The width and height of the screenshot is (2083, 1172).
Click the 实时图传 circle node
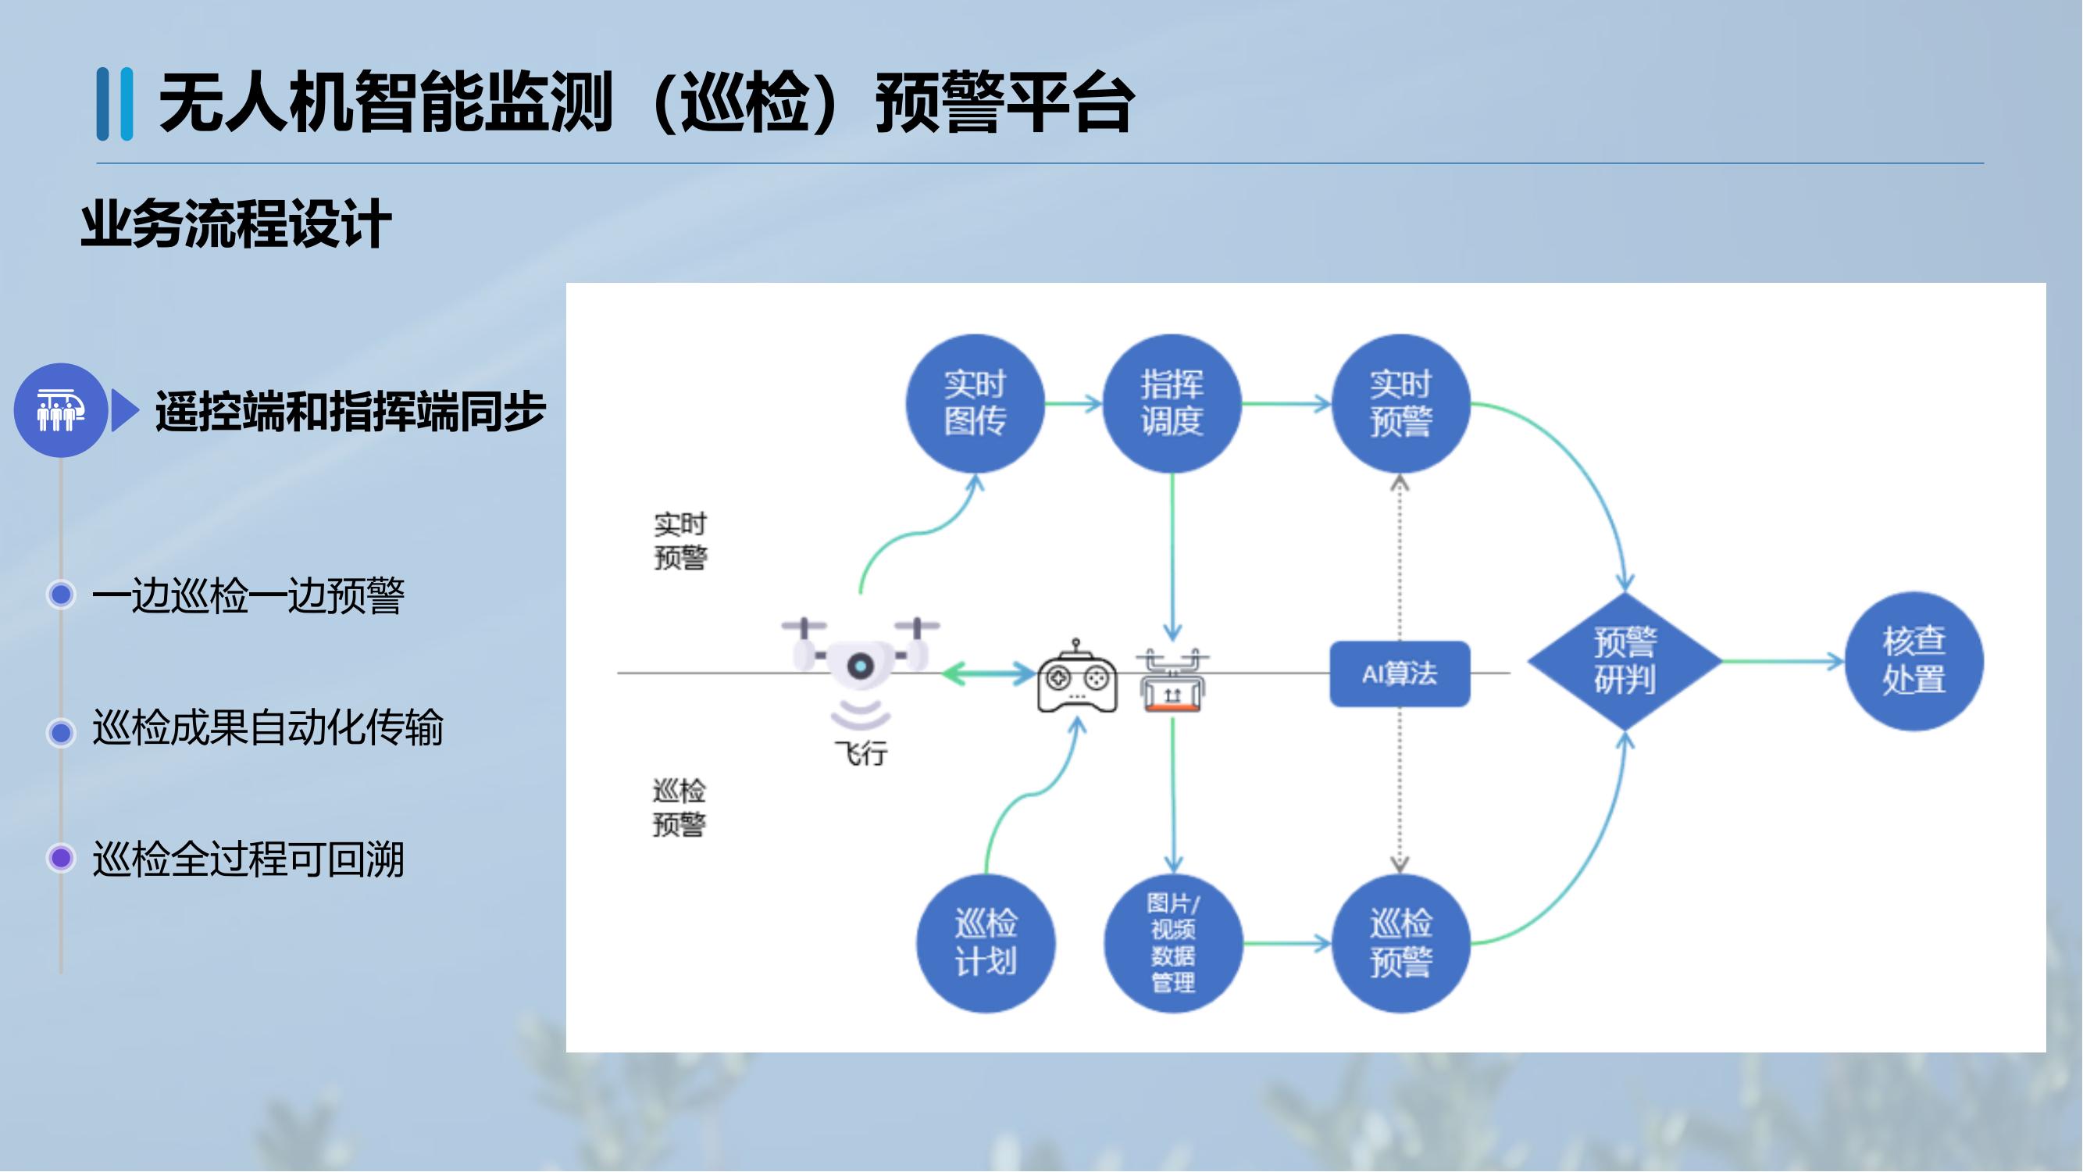(975, 403)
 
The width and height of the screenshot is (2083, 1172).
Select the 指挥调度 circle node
(1172, 403)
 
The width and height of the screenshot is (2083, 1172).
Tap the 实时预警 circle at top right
(1400, 403)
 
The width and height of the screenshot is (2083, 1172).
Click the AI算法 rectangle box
(1400, 674)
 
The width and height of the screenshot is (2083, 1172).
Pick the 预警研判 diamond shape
(1625, 662)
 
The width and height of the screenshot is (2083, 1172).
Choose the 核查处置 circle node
(1914, 662)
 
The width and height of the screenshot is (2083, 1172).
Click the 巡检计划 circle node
(985, 943)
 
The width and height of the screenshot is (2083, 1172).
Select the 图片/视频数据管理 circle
(1172, 943)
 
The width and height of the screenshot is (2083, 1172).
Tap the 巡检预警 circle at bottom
(1400, 943)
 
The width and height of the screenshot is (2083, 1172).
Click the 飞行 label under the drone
(861, 754)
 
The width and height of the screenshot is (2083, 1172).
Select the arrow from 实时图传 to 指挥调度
(1074, 403)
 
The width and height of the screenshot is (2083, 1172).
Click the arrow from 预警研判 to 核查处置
(1783, 662)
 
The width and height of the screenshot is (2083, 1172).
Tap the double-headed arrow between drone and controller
(988, 673)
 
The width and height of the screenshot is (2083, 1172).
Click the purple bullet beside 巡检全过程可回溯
(61, 857)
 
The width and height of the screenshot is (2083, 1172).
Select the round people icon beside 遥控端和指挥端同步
(61, 410)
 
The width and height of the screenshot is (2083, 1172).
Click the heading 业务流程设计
(236, 224)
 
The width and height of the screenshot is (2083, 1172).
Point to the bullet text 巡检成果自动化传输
(268, 727)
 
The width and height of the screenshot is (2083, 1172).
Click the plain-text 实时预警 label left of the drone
(680, 541)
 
